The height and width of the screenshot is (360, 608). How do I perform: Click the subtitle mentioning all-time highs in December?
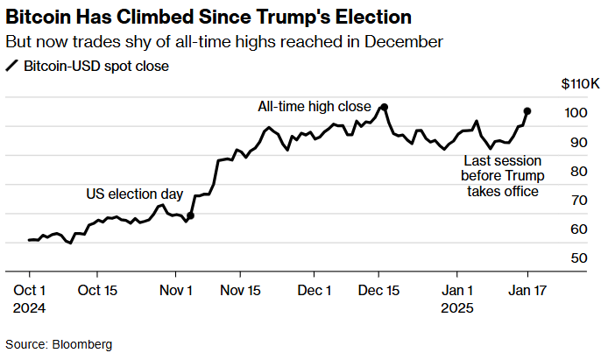223,41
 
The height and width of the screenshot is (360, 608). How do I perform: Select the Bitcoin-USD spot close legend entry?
88,66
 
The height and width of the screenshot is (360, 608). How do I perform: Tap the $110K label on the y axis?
579,85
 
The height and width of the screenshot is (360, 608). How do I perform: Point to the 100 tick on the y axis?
576,113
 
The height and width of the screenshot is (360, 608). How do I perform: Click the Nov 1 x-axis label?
178,290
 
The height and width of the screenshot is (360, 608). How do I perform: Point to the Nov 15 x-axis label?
240,290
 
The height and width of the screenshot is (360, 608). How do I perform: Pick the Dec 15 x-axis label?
381,290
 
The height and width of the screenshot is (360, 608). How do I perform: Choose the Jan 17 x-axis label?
527,290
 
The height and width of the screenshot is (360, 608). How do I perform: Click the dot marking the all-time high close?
385,107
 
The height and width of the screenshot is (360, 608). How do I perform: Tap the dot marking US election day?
190,215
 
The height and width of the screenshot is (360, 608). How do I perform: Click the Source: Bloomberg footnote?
59,344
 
